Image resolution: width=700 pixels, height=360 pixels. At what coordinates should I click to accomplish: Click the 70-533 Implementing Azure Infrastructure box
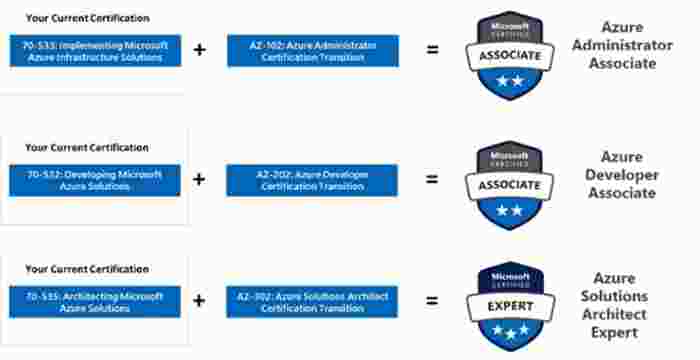click(x=95, y=50)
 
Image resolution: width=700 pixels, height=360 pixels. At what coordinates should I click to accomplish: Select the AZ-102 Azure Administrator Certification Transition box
click(x=312, y=50)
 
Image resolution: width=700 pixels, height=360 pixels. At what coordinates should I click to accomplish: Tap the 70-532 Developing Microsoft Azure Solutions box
click(x=95, y=180)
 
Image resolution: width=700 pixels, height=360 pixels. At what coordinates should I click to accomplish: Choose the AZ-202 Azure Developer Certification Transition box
click(x=312, y=180)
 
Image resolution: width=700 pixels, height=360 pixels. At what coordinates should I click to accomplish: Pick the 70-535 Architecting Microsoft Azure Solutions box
click(x=95, y=301)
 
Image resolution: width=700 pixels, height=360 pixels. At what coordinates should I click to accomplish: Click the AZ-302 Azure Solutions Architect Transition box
click(x=312, y=301)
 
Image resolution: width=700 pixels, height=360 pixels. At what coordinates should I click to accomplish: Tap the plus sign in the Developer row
click(x=199, y=180)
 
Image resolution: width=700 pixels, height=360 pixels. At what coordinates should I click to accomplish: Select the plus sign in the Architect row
click(x=199, y=301)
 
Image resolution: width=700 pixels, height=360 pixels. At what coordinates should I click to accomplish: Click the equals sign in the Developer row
click(x=432, y=180)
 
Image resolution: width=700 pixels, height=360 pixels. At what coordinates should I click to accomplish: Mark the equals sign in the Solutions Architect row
click(x=432, y=301)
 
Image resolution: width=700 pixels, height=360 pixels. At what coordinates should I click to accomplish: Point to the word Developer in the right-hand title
click(x=629, y=175)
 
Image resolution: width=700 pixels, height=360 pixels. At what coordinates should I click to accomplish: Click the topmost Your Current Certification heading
click(x=87, y=18)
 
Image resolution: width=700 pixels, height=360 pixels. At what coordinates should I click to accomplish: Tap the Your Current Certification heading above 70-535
click(x=87, y=269)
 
